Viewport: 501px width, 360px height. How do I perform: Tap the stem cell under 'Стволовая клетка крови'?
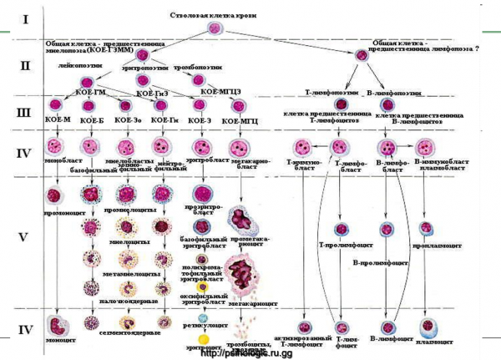click(212, 32)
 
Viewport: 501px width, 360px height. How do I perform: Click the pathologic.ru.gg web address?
click(250, 353)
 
